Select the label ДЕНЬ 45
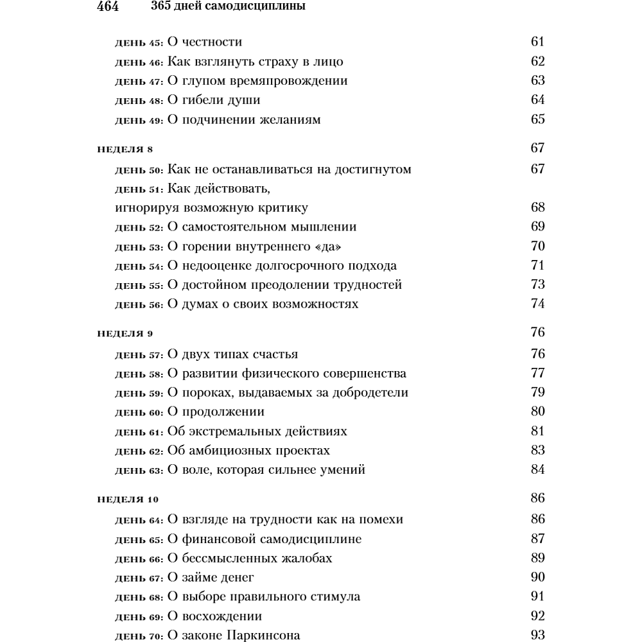point(139,44)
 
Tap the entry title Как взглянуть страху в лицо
point(255,62)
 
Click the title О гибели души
point(214,100)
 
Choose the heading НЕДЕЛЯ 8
point(125,150)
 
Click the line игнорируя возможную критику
point(212,207)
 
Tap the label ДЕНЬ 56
point(139,304)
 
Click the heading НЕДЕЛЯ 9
point(125,334)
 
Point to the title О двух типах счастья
point(232,354)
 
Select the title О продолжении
point(216,412)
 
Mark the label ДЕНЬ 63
point(139,470)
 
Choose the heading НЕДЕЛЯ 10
point(128,499)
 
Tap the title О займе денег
point(211,577)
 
